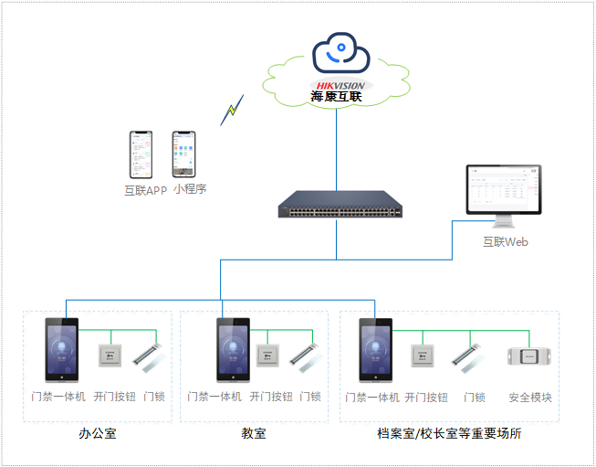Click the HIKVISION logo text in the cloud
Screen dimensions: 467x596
point(340,85)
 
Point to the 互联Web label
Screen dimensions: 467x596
point(505,242)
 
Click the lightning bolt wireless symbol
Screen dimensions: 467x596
point(232,111)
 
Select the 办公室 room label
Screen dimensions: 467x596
point(98,433)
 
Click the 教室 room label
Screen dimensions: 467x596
point(254,433)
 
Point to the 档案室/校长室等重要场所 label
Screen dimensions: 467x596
point(450,433)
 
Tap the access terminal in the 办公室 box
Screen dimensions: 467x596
point(62,349)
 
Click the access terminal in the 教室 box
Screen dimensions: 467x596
point(233,349)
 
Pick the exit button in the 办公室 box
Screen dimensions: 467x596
point(110,356)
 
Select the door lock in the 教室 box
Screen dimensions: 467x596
point(304,356)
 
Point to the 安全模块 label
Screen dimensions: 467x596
point(530,398)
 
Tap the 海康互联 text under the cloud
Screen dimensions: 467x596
point(337,96)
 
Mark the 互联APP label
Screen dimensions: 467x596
point(145,191)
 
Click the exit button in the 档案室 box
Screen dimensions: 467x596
point(423,356)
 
